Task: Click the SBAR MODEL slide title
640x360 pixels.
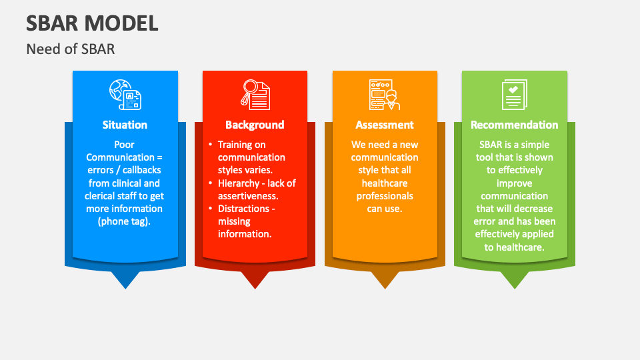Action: point(92,23)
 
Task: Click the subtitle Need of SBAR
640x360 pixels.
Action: point(70,49)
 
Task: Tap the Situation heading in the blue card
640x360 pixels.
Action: point(125,125)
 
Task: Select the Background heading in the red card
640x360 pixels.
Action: point(255,125)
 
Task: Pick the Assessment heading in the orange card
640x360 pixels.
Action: point(385,125)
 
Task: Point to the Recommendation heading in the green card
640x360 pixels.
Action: point(514,125)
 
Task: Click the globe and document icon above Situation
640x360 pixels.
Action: point(125,95)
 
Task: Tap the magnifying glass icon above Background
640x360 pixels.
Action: point(255,95)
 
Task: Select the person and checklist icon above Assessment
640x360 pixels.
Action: point(385,95)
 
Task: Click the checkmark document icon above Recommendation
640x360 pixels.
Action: point(514,95)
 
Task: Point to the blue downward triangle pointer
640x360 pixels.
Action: point(125,280)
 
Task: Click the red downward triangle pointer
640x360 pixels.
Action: point(255,280)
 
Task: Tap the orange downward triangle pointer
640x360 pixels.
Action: point(385,280)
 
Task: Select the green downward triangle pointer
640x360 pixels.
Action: point(515,280)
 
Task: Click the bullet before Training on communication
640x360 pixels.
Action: point(211,144)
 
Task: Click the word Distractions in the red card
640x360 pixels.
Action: point(244,209)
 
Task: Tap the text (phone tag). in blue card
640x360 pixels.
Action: point(124,221)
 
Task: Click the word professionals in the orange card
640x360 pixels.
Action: point(385,196)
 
